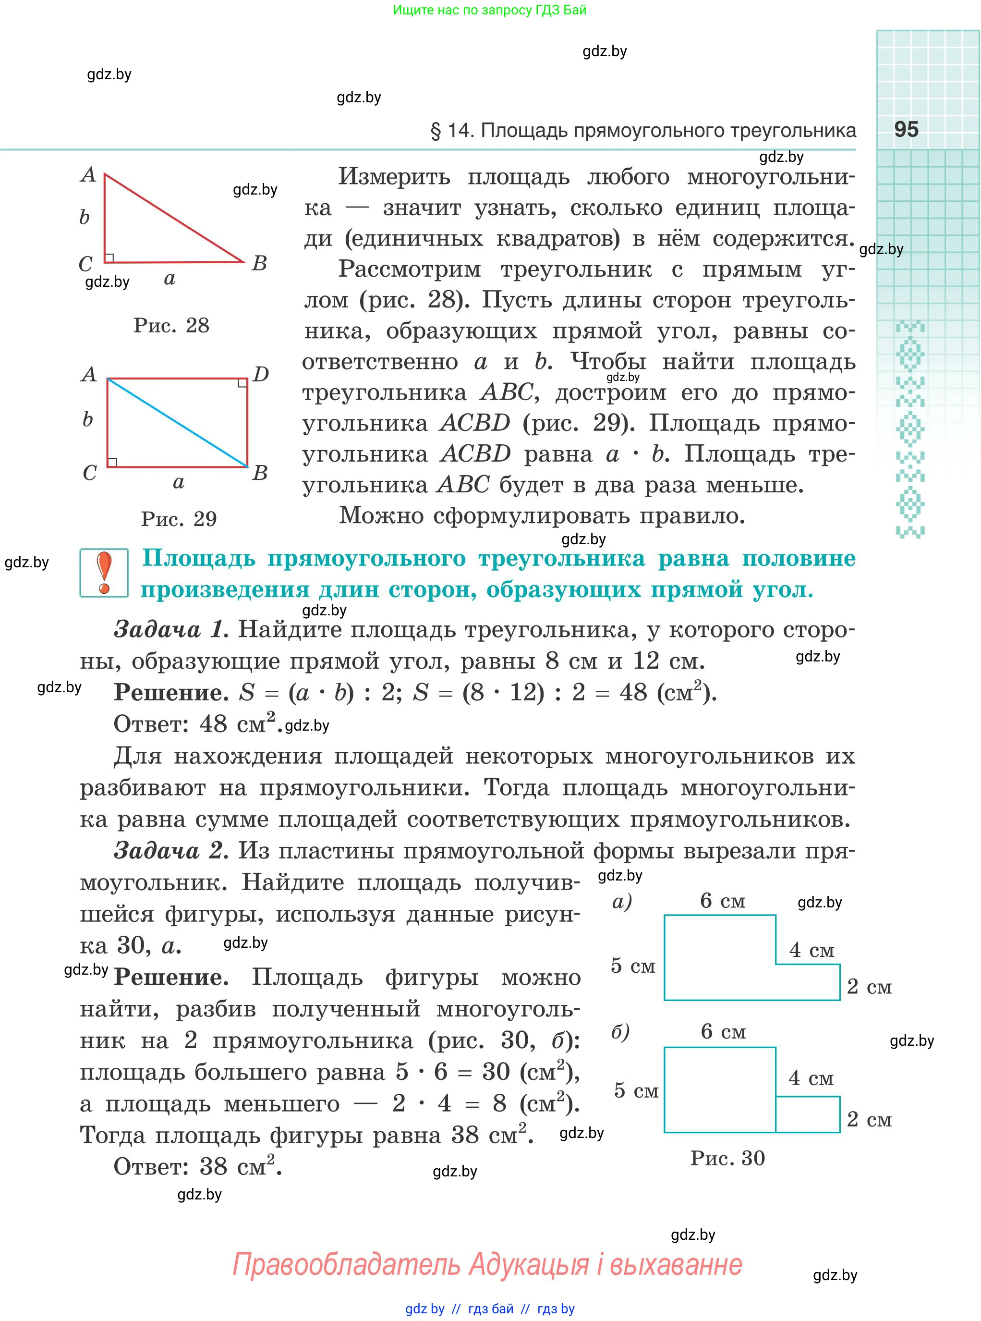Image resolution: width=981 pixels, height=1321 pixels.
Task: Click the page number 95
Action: pos(906,130)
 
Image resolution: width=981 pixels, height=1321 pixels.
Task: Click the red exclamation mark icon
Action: pos(105,572)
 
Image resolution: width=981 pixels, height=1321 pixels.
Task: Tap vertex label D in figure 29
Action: pos(261,374)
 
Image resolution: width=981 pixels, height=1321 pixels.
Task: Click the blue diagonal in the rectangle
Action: pos(177,422)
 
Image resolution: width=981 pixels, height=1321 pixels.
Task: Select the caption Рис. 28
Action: pos(171,326)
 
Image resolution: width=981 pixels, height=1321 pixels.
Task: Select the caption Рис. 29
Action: pos(178,519)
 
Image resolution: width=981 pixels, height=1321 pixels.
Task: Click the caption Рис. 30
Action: pos(727,1158)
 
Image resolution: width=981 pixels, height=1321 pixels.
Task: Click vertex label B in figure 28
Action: pos(259,263)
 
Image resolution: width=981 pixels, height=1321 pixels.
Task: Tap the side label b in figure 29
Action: pos(87,420)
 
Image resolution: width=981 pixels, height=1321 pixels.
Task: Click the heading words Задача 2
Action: pos(170,851)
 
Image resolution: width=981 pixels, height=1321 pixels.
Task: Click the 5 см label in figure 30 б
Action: pos(635,1090)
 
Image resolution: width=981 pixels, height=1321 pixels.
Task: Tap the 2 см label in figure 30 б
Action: pos(869,1120)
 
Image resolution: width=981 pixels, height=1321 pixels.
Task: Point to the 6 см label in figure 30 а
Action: pos(722,901)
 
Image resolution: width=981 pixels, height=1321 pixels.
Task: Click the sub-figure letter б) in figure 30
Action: pos(620,1032)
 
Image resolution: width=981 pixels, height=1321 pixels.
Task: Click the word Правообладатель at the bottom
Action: pos(346,1264)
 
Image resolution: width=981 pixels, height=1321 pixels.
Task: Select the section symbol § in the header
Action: pos(436,131)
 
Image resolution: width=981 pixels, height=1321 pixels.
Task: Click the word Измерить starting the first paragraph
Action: pos(394,177)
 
